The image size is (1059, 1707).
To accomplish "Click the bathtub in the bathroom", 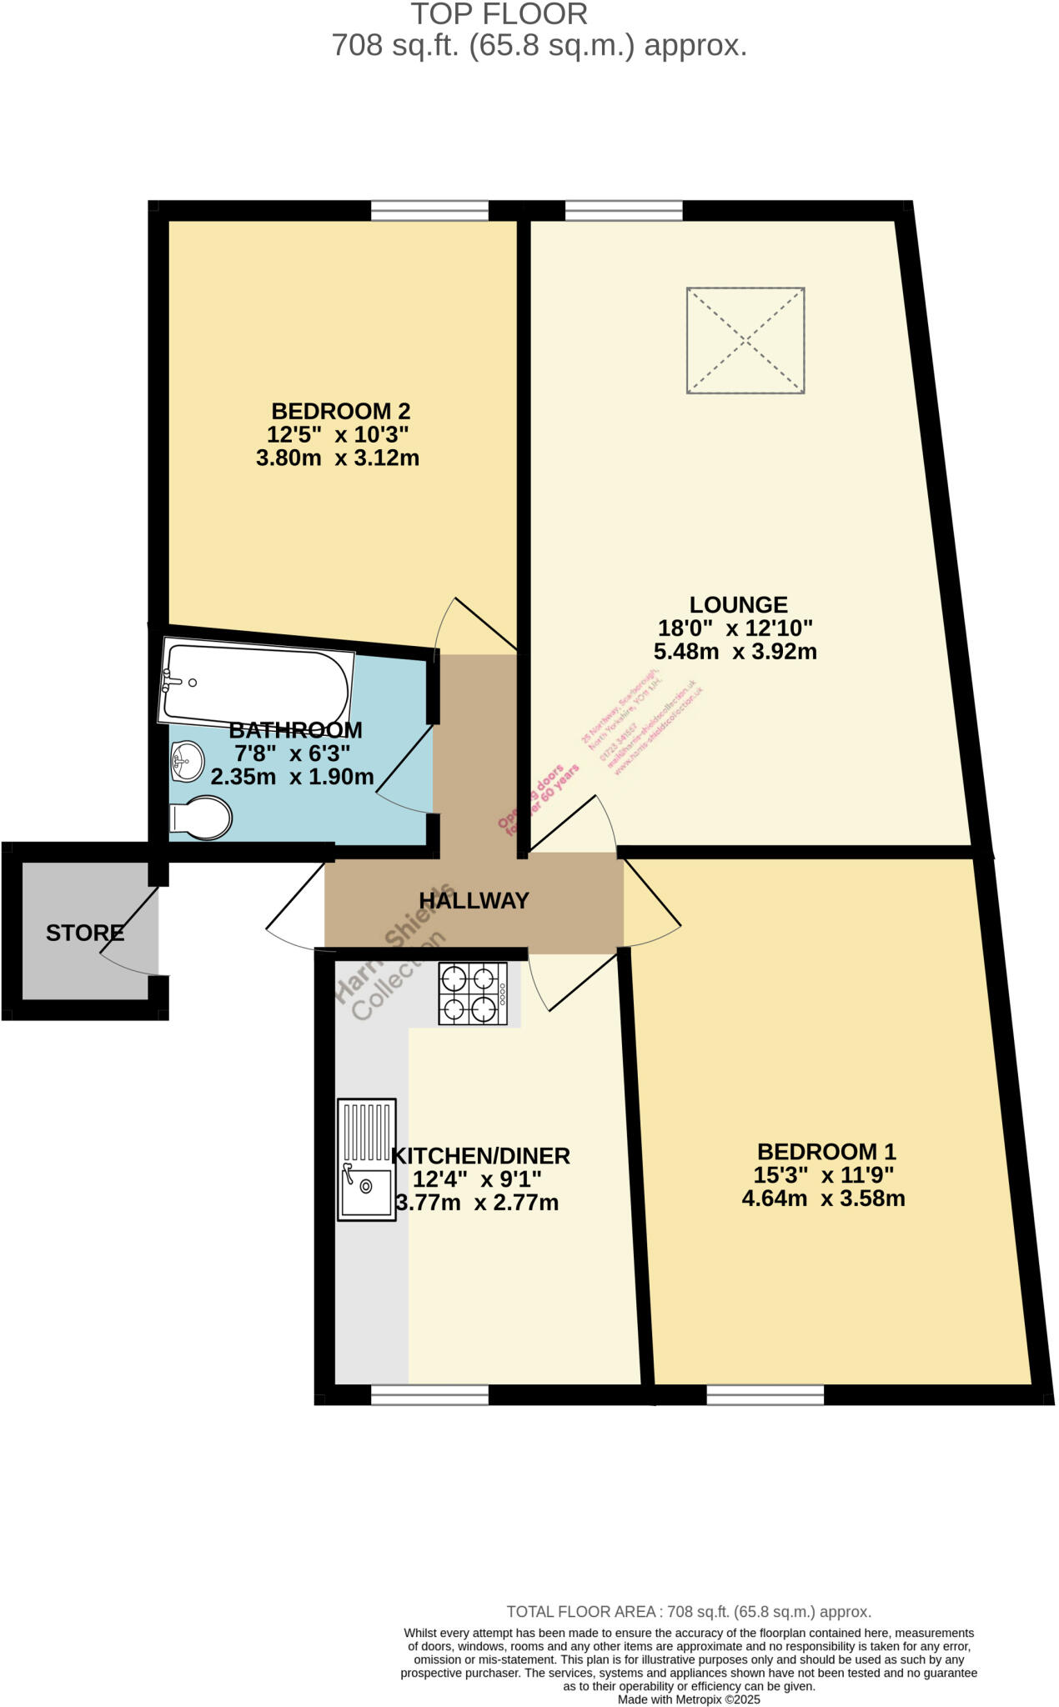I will click(x=254, y=683).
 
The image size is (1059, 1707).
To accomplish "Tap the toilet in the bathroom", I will click(x=201, y=818).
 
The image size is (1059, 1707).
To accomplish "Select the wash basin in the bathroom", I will click(x=188, y=760).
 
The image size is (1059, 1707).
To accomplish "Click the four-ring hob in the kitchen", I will click(x=473, y=994).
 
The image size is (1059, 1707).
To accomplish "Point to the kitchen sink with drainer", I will click(x=367, y=1159).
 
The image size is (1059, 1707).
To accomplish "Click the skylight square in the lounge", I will click(x=745, y=340).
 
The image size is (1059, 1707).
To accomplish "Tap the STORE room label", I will click(x=85, y=933).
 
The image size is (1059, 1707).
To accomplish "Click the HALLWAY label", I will click(x=474, y=900).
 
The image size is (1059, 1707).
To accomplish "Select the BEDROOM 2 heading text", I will click(x=340, y=411).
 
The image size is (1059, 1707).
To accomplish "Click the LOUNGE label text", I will click(x=738, y=604).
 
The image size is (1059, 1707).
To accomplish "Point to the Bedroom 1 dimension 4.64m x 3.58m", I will click(x=823, y=1199).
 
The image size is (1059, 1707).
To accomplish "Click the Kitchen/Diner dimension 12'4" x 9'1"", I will click(x=477, y=1179).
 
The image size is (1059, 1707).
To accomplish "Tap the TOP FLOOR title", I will click(x=499, y=14).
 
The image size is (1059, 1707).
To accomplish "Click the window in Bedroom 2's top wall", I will click(x=429, y=210).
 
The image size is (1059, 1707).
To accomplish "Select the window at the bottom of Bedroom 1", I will click(x=765, y=1394).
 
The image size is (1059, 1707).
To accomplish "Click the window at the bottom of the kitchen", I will click(x=429, y=1394).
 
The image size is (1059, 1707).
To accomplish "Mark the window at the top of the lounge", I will click(x=624, y=210).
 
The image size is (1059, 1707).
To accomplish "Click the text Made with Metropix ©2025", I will click(x=689, y=1699).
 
